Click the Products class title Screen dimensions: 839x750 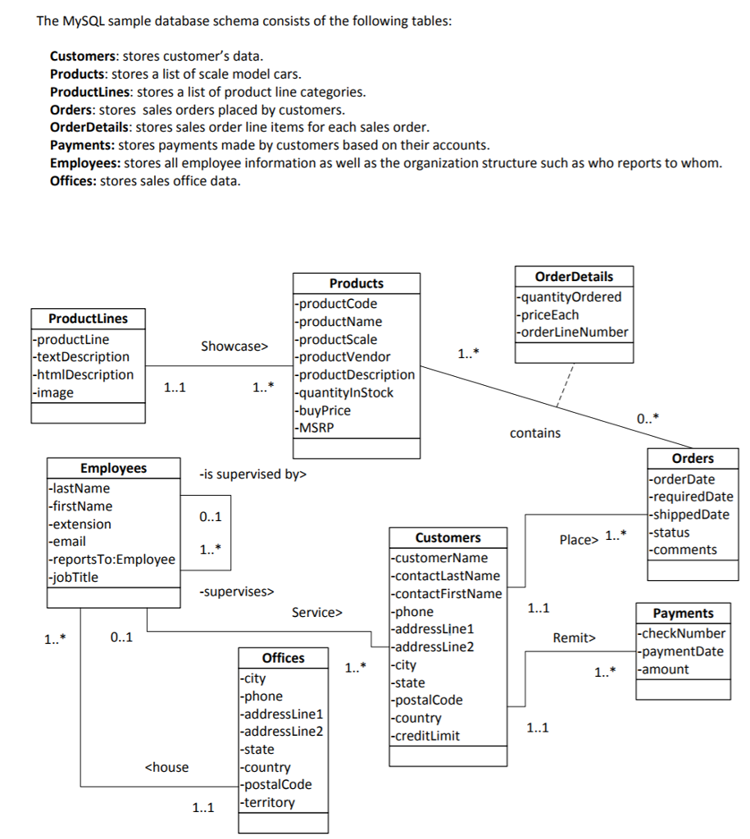pyautogui.click(x=356, y=283)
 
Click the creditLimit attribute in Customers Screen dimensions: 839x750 pyautogui.click(x=425, y=736)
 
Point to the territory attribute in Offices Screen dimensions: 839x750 pyautogui.click(x=267, y=803)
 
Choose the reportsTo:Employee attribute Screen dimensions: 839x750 pyautogui.click(x=112, y=560)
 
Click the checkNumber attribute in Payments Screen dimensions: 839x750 pyautogui.click(x=682, y=633)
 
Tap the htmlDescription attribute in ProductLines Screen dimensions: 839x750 pyautogui.click(x=82, y=375)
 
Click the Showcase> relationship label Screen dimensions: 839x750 pyautogui.click(x=234, y=347)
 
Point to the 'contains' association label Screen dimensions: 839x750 pyautogui.click(x=535, y=433)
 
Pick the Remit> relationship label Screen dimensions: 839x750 pyautogui.click(x=575, y=637)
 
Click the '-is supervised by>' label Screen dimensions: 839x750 pyautogui.click(x=252, y=474)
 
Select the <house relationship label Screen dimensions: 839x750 pyautogui.click(x=166, y=768)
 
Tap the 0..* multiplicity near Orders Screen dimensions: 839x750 pyautogui.click(x=647, y=419)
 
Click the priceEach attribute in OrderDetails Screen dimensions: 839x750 pyautogui.click(x=548, y=315)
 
